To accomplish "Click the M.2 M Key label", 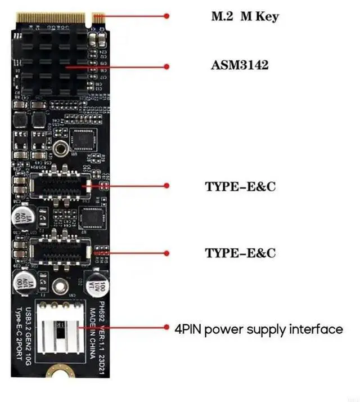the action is (244, 16).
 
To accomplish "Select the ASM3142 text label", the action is (240, 65).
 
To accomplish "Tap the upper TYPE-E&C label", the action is (240, 186).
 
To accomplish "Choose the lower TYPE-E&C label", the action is (240, 253).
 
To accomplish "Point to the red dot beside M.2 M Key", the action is (166, 16).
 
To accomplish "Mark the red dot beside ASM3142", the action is (166, 66).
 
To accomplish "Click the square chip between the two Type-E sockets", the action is (90, 216).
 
